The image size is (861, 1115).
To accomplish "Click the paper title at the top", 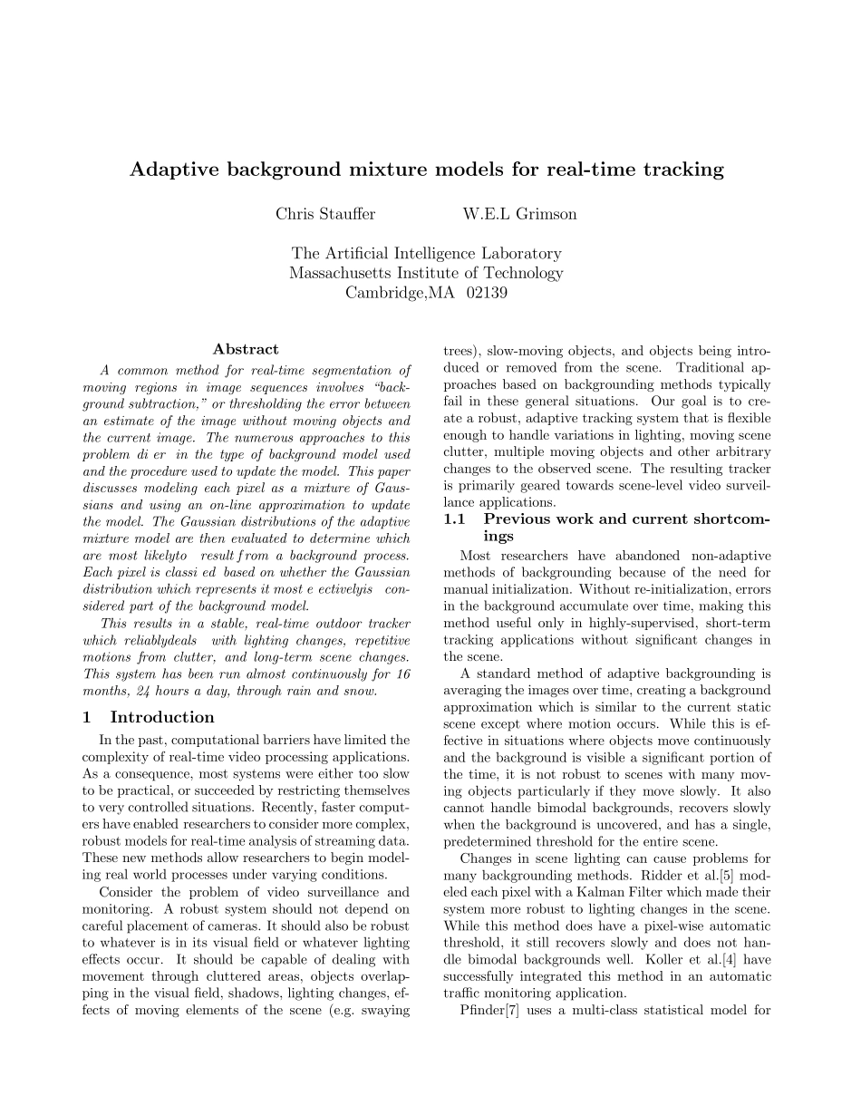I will point(427,170).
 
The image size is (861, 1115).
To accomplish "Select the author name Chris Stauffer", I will point(325,214).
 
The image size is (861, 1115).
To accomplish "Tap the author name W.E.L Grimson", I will point(519,214).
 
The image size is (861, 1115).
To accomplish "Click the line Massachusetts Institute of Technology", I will point(426,273).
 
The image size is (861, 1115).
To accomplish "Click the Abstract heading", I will point(246,349).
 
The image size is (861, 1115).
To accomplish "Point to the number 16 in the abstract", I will point(403,674).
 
